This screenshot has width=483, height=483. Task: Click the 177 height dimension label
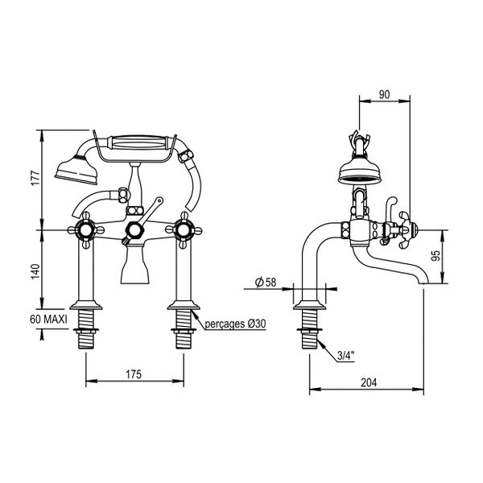(35, 178)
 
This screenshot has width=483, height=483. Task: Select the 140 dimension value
(35, 271)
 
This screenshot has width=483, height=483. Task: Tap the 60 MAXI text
(48, 319)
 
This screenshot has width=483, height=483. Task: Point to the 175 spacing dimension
(134, 374)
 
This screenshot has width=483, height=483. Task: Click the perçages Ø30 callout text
(235, 324)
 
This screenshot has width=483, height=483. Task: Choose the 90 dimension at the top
(384, 94)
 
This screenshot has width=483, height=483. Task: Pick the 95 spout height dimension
(436, 256)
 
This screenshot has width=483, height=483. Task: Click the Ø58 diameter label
(266, 283)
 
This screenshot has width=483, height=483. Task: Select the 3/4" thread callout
(346, 356)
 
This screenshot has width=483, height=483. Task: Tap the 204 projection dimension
(369, 382)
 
